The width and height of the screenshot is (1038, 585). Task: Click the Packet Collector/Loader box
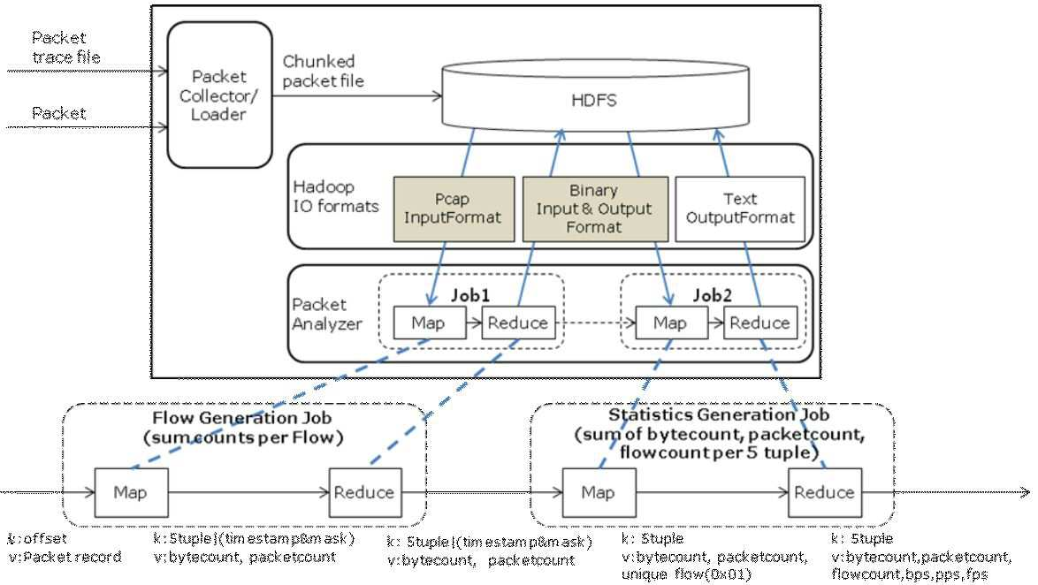coord(220,95)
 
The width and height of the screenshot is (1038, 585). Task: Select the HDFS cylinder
coord(595,94)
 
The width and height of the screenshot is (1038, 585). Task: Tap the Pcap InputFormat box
coord(454,209)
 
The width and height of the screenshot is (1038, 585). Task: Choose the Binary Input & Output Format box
coord(595,209)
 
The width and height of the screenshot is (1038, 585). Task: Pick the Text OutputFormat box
coord(740,209)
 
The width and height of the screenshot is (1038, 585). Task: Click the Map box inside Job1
coord(429,323)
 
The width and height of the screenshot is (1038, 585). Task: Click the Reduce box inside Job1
coord(518,323)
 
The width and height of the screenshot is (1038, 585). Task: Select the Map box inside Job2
coord(670,323)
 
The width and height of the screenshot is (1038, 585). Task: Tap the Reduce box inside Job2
coord(760,323)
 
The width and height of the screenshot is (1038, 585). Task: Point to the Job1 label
coord(470,295)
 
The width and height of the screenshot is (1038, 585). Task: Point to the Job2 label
coord(713,295)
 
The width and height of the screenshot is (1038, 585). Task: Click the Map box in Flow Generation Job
coord(131,492)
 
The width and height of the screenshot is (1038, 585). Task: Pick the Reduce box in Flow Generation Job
coord(365,492)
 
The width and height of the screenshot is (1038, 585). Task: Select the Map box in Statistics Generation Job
coord(599,492)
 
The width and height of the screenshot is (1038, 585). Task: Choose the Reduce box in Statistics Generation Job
coord(825,492)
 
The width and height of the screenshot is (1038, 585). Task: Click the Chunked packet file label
coord(323,71)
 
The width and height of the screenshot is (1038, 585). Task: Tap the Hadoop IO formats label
coord(336,196)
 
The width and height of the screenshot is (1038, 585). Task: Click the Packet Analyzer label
coord(327,315)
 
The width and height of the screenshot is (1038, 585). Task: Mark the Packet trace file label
coord(66,48)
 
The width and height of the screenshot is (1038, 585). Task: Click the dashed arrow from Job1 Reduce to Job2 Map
coord(595,323)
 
